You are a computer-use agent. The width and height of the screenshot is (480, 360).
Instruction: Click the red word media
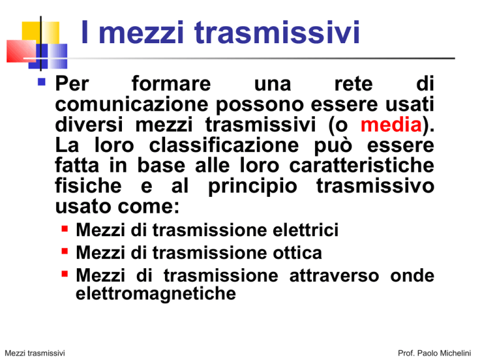(391, 125)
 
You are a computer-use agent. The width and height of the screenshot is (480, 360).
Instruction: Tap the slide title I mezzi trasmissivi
(220, 32)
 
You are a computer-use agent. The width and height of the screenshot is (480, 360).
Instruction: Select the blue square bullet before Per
(42, 82)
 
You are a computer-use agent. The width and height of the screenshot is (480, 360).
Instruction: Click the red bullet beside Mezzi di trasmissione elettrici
(64, 229)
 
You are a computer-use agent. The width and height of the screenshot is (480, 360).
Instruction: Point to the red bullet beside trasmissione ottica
(64, 251)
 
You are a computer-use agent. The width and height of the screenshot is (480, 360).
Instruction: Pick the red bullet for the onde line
(64, 274)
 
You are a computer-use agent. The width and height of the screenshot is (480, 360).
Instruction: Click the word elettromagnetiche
(156, 294)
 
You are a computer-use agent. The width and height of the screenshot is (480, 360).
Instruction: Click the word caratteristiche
(361, 166)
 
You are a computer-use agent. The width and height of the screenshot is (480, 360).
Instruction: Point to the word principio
(252, 187)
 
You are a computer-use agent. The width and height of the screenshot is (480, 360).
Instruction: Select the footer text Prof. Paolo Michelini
(434, 353)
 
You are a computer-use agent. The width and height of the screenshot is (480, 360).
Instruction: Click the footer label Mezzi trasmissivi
(35, 353)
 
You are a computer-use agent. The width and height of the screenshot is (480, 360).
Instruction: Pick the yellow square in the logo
(41, 32)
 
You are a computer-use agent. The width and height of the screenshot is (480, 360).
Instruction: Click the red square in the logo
(21, 51)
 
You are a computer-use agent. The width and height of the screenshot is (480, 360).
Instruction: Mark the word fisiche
(88, 186)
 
